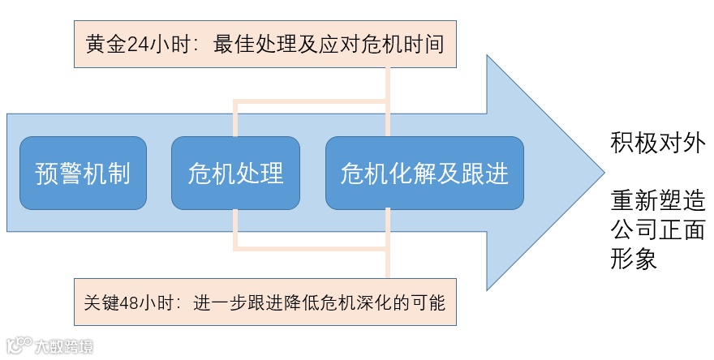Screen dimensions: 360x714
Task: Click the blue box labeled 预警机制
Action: coord(83,173)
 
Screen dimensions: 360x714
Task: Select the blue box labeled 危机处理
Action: coord(235,173)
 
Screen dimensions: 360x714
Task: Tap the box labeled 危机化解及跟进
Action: coord(424,173)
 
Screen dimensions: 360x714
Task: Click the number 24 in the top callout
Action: coord(136,44)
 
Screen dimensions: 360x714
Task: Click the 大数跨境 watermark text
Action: coord(64,346)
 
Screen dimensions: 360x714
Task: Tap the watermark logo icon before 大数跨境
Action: coord(19,345)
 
